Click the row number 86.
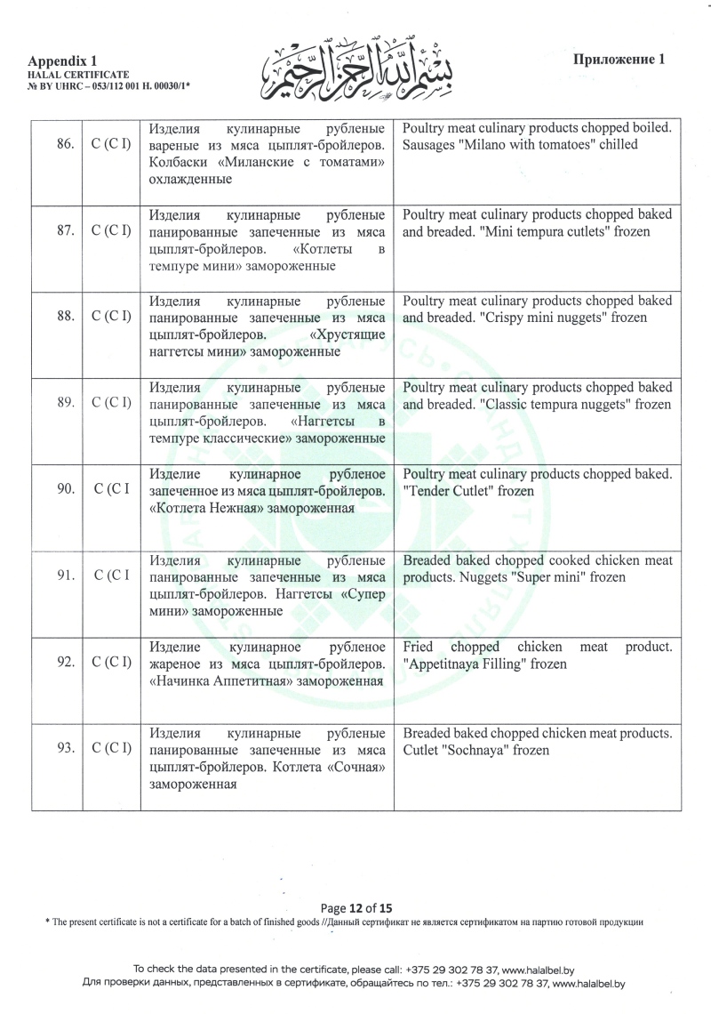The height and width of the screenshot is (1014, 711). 64,144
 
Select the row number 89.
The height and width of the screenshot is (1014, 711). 64,403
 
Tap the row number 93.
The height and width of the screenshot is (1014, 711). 64,749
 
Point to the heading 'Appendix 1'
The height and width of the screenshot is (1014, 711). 62,59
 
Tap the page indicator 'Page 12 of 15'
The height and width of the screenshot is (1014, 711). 355,908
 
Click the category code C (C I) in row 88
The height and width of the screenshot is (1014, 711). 112,317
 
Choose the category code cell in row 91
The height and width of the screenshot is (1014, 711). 112,576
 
